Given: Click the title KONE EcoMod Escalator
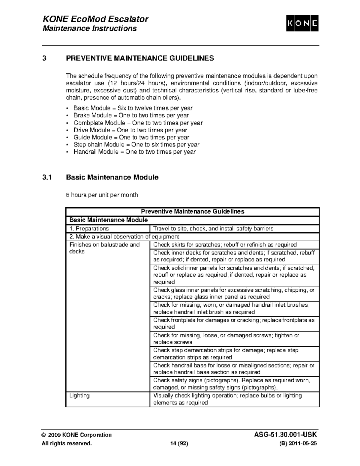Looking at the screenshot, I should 96,19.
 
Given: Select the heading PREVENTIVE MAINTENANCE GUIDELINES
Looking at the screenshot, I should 140,58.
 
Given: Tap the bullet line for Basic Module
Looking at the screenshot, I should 133,108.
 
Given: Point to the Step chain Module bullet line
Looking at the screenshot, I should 136,145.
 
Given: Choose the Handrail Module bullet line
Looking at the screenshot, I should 134,152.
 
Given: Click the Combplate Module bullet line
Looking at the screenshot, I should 138,123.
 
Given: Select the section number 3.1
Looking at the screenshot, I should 47,177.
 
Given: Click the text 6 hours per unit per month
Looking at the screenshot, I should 102,195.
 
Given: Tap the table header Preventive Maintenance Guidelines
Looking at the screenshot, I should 192,212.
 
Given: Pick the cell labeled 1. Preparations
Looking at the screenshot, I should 89,229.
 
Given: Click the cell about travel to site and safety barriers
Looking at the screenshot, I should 213,229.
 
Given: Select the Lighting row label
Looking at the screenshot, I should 79,396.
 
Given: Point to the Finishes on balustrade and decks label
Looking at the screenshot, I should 104,248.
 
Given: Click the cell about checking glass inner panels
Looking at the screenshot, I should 234,293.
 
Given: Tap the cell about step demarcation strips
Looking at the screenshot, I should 226,354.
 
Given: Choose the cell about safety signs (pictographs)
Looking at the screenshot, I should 231,384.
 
